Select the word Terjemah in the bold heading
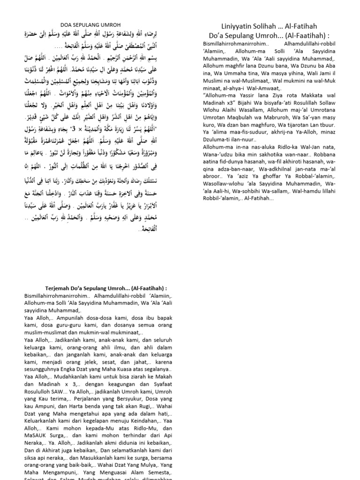click(x=60, y=288)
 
